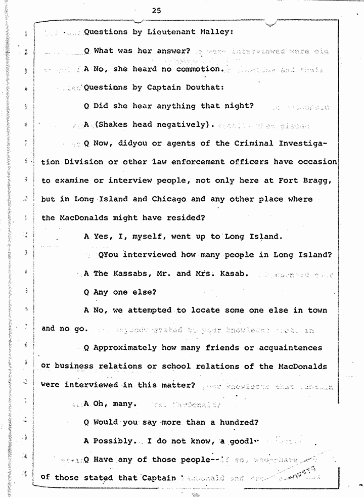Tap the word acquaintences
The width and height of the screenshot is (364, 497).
pyautogui.click(x=290, y=348)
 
